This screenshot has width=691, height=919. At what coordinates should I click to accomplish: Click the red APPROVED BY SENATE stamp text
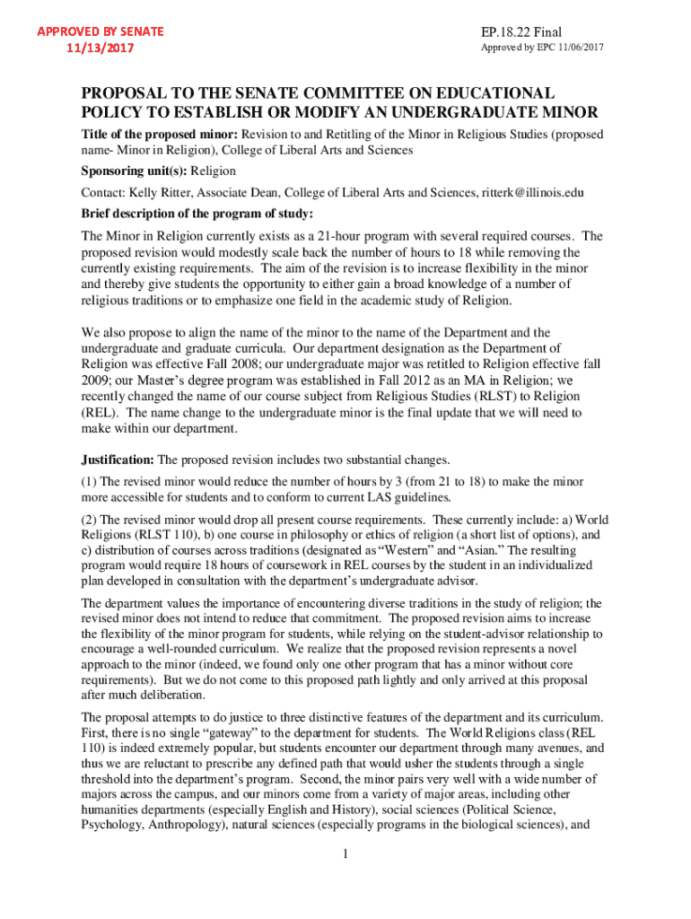point(100,31)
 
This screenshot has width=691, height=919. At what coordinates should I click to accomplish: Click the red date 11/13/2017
point(100,48)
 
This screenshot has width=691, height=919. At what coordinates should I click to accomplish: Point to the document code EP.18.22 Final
point(523,32)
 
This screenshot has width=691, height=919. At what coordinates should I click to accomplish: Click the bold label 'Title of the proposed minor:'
point(154,134)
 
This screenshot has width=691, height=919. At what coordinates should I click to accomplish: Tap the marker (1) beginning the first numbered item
point(89,482)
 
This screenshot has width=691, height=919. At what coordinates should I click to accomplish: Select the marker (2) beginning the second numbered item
point(89,520)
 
